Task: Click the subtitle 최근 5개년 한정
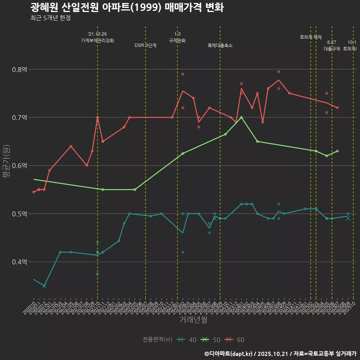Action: (50, 18)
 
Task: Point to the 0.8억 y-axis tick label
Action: (20, 69)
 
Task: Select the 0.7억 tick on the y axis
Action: (20, 117)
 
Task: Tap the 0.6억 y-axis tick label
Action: (20, 165)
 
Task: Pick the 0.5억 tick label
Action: (20, 214)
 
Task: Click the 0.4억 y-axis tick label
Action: (20, 262)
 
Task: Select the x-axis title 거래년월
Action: (193, 319)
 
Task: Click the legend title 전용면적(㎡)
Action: (157, 340)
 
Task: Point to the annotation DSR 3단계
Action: (145, 45)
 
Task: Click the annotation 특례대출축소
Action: (220, 45)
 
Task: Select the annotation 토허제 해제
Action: (311, 37)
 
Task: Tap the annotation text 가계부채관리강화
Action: (97, 40)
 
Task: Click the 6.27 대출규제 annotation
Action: (332, 45)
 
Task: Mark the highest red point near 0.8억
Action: (279, 72)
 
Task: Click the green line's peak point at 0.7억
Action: (241, 117)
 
